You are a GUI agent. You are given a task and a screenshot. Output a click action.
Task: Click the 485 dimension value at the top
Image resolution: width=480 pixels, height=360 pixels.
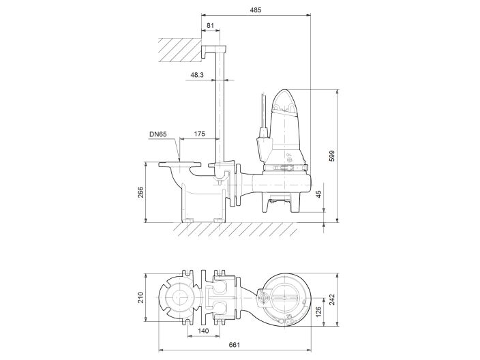coord(255,10)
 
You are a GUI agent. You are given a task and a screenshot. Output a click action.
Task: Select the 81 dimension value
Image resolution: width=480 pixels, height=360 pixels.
coord(209,26)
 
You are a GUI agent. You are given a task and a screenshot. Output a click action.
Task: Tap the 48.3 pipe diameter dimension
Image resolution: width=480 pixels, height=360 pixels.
coord(197,75)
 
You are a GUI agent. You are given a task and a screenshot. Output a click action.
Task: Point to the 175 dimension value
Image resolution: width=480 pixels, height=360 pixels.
coord(200,134)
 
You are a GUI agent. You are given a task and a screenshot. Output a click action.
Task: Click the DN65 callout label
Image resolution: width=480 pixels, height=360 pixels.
coord(158,134)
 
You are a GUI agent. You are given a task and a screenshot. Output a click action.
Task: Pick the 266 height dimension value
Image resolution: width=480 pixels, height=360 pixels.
coord(142,192)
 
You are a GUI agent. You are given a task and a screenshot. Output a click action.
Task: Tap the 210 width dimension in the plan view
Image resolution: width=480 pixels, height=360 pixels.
coord(142,297)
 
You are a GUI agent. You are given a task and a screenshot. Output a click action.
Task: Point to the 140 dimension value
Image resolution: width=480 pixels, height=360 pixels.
coord(202,330)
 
